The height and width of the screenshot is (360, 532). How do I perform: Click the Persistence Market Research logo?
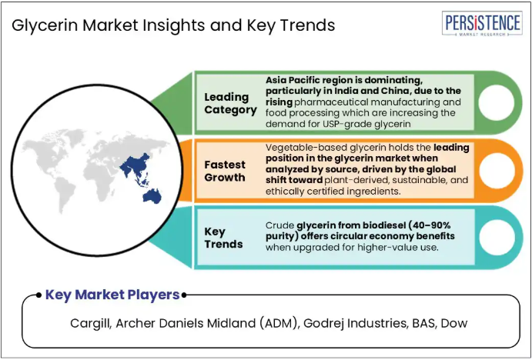pos(482,23)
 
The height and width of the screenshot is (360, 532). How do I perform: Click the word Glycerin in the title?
pos(45,25)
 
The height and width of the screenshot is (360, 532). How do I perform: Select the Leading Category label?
pos(230,103)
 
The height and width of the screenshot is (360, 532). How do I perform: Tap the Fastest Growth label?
pos(225,171)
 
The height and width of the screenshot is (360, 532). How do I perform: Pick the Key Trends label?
pos(223,238)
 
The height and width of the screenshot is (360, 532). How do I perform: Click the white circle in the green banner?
pos(497,102)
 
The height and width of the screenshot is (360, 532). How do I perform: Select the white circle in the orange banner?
pos(497,171)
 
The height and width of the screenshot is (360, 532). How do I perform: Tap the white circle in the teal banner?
pos(497,237)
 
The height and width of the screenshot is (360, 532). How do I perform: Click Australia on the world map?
pos(152,197)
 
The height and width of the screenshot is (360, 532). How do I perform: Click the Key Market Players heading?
pos(112,295)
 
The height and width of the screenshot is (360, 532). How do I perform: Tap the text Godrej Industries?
pos(356,323)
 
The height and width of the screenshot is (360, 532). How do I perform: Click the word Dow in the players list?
pos(454,323)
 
